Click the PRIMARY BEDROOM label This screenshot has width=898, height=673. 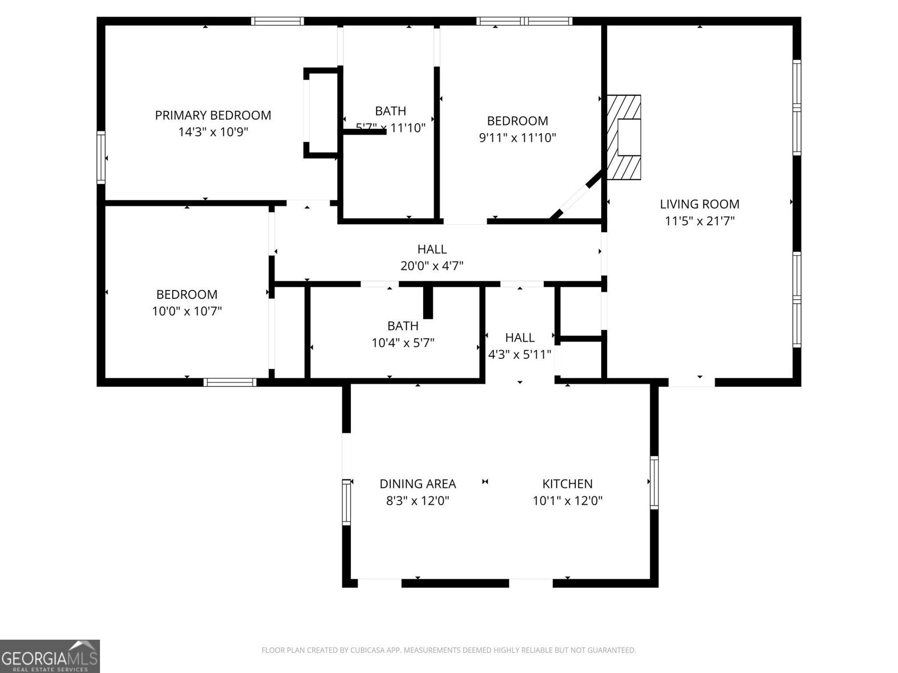[213, 116]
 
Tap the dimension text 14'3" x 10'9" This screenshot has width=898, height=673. [213, 132]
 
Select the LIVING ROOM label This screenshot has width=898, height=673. [699, 204]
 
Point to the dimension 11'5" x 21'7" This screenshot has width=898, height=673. [699, 221]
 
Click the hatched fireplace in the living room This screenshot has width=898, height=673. [623, 137]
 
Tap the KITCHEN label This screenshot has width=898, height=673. [567, 483]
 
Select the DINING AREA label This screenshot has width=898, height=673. [418, 483]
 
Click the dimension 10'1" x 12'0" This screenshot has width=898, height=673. [567, 500]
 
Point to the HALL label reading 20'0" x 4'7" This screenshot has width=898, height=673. [432, 249]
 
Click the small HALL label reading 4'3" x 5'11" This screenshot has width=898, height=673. [520, 338]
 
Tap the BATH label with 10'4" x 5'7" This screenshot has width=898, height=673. [402, 326]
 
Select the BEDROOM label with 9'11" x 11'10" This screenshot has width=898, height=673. [517, 121]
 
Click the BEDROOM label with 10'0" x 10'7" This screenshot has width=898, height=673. [186, 294]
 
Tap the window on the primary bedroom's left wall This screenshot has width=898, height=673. [101, 158]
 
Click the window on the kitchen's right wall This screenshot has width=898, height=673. [654, 483]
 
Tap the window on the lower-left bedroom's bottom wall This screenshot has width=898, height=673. [230, 382]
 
